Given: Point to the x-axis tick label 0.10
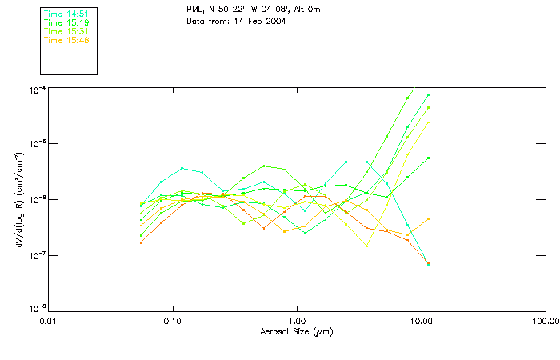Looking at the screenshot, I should pos(173,321).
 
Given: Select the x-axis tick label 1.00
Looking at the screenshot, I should pos(297,321).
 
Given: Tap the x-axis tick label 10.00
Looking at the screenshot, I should pos(422,321).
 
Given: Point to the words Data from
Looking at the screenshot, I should pos(206,20).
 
